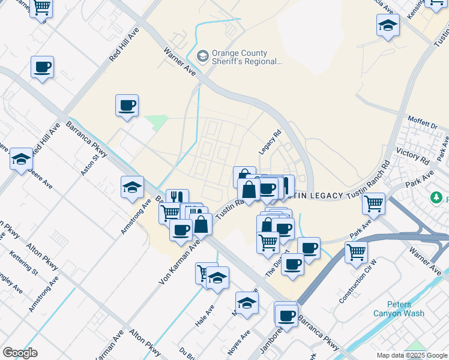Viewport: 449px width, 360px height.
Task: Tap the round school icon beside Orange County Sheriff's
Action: (203, 56)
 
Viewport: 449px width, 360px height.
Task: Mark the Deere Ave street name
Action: (42, 178)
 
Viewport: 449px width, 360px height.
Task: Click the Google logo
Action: (20, 353)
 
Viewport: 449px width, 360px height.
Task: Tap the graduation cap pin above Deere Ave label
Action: (21, 159)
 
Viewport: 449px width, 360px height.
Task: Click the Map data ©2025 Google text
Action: (412, 355)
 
